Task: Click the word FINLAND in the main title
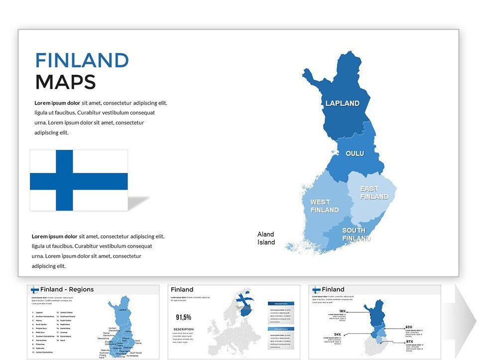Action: click(82, 60)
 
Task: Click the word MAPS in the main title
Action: click(65, 82)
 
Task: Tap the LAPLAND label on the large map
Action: click(342, 104)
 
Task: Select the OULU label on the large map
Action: click(355, 153)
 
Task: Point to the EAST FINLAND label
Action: click(374, 193)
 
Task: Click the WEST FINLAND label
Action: click(324, 206)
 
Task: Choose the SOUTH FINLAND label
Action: click(356, 234)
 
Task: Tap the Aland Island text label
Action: click(266, 238)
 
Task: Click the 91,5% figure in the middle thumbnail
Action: click(184, 317)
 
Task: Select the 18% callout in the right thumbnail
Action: click(343, 311)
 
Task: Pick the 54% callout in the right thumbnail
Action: click(337, 334)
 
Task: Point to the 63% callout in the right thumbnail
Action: click(409, 327)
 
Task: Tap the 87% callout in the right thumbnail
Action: click(409, 342)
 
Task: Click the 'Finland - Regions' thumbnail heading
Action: click(67, 289)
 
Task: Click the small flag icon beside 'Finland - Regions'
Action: click(35, 290)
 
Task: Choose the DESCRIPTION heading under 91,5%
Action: click(183, 329)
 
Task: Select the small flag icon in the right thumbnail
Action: click(316, 289)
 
